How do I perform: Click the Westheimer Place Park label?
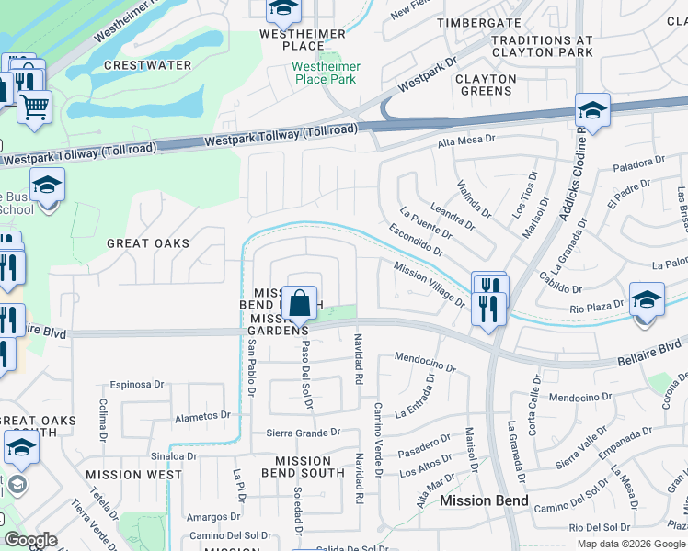coord(327,73)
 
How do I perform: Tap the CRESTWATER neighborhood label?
coord(148,65)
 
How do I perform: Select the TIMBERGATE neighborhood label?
coord(479,22)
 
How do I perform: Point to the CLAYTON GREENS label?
coord(485,84)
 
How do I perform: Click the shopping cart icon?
coord(34,107)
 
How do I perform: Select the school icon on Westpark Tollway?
coord(593,111)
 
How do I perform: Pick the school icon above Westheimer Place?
coord(283,10)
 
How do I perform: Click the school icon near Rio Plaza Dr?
coord(647,299)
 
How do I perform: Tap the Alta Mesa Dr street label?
coord(466,141)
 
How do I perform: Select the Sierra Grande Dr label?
coord(303,432)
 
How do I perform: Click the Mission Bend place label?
coord(484,500)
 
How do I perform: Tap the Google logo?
coord(30,540)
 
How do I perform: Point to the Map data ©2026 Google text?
coord(631,544)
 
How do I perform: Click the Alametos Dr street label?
coord(201,416)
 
